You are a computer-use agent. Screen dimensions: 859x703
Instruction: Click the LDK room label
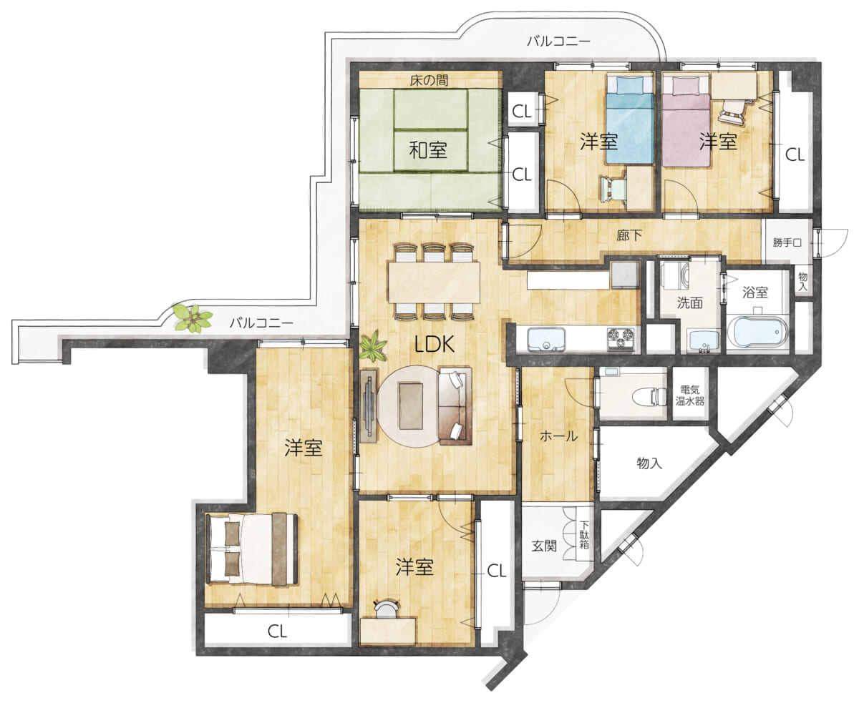point(435,344)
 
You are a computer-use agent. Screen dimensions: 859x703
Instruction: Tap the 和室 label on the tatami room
point(427,149)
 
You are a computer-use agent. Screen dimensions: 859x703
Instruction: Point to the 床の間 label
point(429,80)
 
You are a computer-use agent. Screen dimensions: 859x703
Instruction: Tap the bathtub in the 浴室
point(757,332)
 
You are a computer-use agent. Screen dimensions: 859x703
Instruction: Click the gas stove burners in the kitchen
point(621,339)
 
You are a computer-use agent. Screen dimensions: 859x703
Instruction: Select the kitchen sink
point(546,339)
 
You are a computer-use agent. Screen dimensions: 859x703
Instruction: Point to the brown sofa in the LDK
point(455,405)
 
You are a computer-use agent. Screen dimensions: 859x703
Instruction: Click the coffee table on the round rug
point(411,405)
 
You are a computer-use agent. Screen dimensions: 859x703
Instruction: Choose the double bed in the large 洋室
point(251,549)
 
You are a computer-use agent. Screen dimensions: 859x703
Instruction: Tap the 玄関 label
point(544,546)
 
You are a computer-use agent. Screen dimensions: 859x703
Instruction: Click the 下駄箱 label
point(584,534)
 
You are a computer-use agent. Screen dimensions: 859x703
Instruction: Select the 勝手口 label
point(787,243)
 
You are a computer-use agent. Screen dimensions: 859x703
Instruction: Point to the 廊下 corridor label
point(629,235)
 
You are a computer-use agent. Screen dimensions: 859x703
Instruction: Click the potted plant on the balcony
point(193,318)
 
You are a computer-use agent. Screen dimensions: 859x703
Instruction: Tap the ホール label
point(558,436)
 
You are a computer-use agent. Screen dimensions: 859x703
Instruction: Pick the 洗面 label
point(689,303)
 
